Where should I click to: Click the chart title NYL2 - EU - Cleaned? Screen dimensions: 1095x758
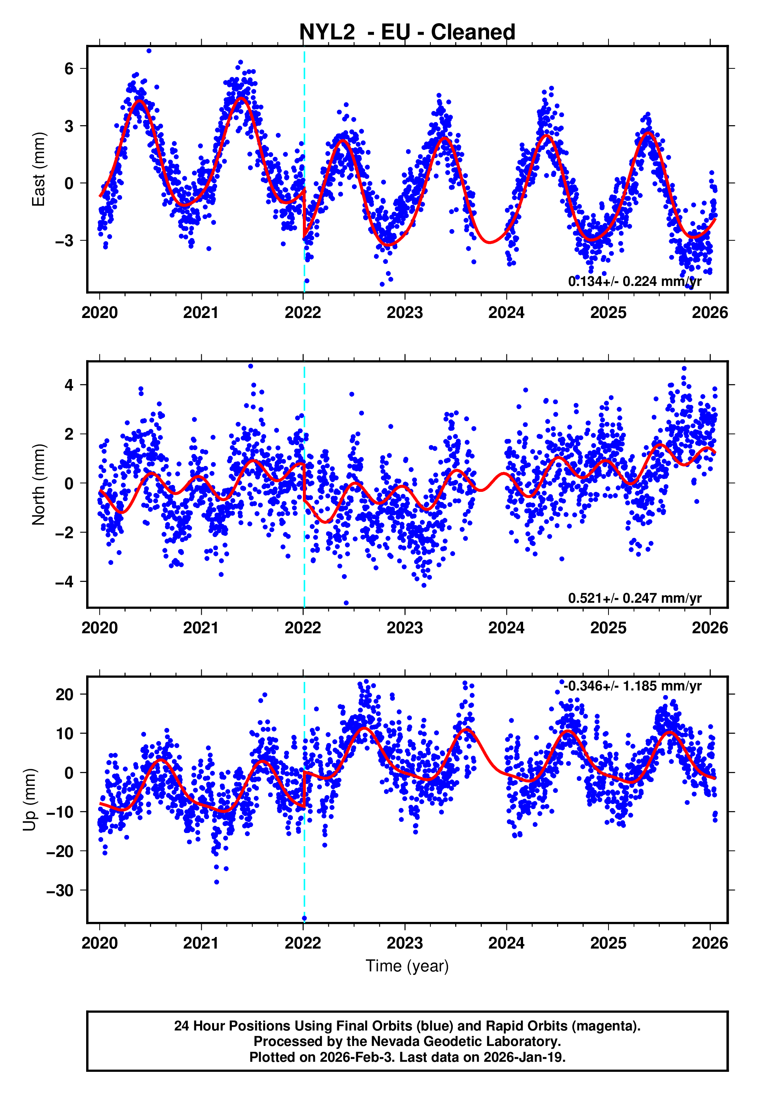pos(407,32)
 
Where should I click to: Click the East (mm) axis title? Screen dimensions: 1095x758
pos(38,170)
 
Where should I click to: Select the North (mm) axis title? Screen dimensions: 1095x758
pos(38,485)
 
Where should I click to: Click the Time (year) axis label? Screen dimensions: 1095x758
pos(407,966)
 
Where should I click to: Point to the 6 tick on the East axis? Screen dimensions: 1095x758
pos(69,69)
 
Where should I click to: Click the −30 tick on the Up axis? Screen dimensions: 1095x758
pos(59,890)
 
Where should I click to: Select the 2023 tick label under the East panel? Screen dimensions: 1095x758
pos(404,313)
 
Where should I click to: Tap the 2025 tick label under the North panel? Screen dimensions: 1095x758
pos(608,628)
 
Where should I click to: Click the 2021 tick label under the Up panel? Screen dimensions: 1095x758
pos(201,943)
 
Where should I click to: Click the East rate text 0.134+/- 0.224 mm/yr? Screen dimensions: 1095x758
pos(634,282)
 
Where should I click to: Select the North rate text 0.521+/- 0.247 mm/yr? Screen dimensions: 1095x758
pos(634,598)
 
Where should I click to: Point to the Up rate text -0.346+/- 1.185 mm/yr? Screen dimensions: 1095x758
pos(632,686)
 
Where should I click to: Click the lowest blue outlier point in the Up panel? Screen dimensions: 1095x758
pos(304,918)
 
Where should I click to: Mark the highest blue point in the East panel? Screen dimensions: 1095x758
pos(149,51)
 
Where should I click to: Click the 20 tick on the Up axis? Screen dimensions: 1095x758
pos(64,695)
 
